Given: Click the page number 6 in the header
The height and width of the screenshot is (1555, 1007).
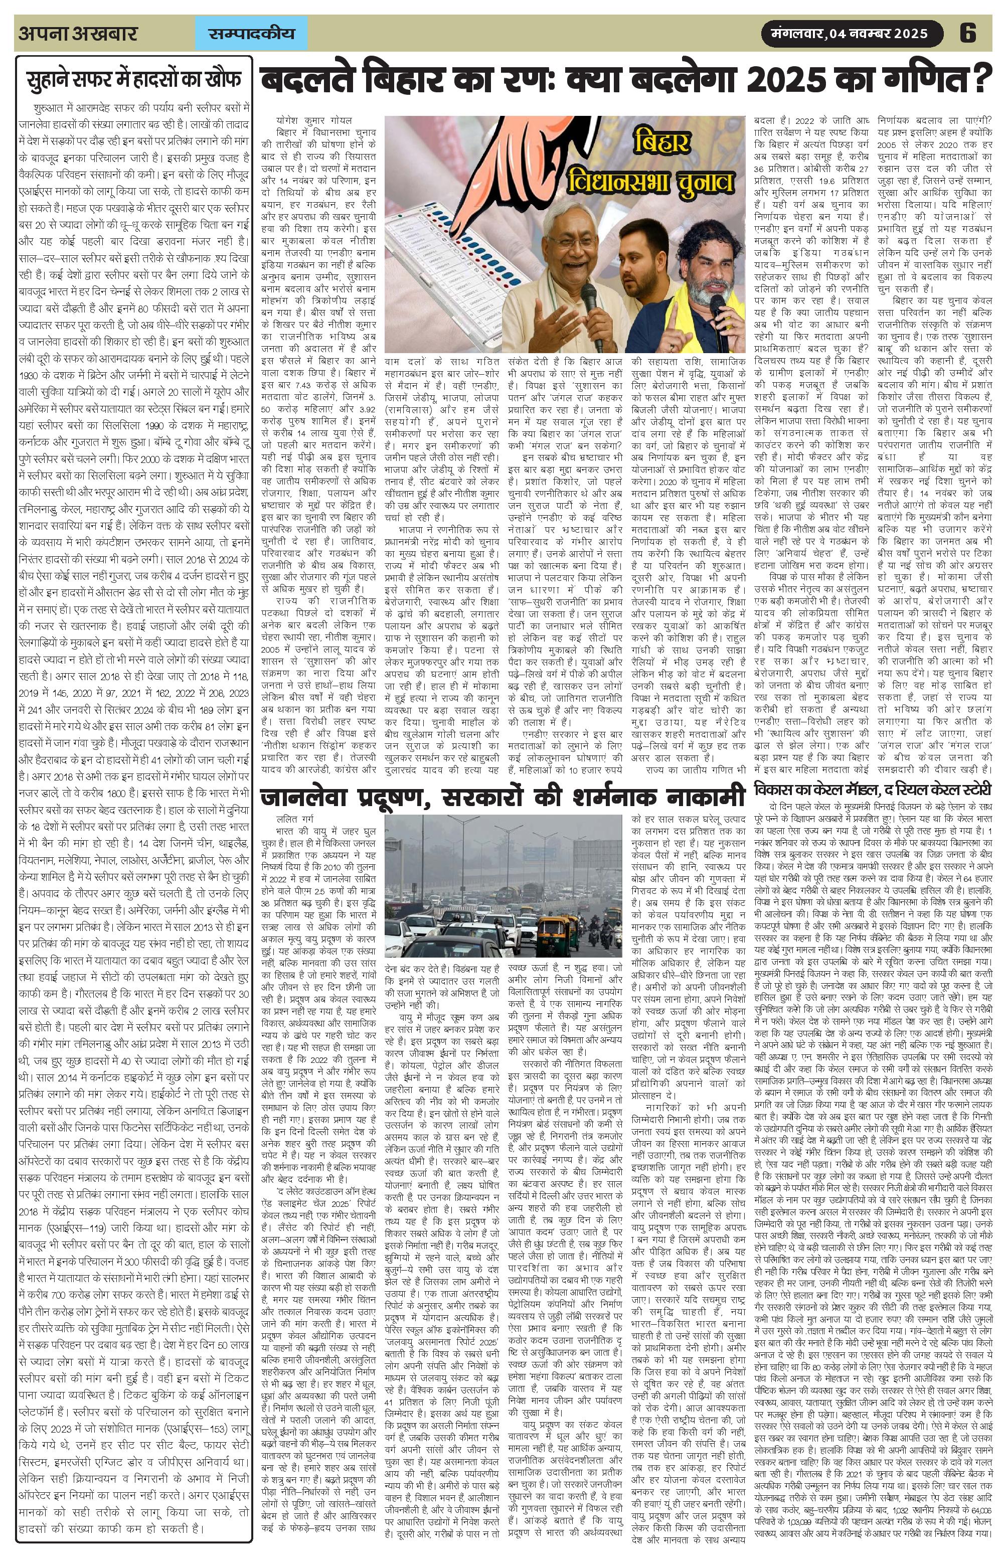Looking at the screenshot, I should [x=967, y=33].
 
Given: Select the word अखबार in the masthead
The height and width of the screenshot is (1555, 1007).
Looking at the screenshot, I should [x=104, y=33].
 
